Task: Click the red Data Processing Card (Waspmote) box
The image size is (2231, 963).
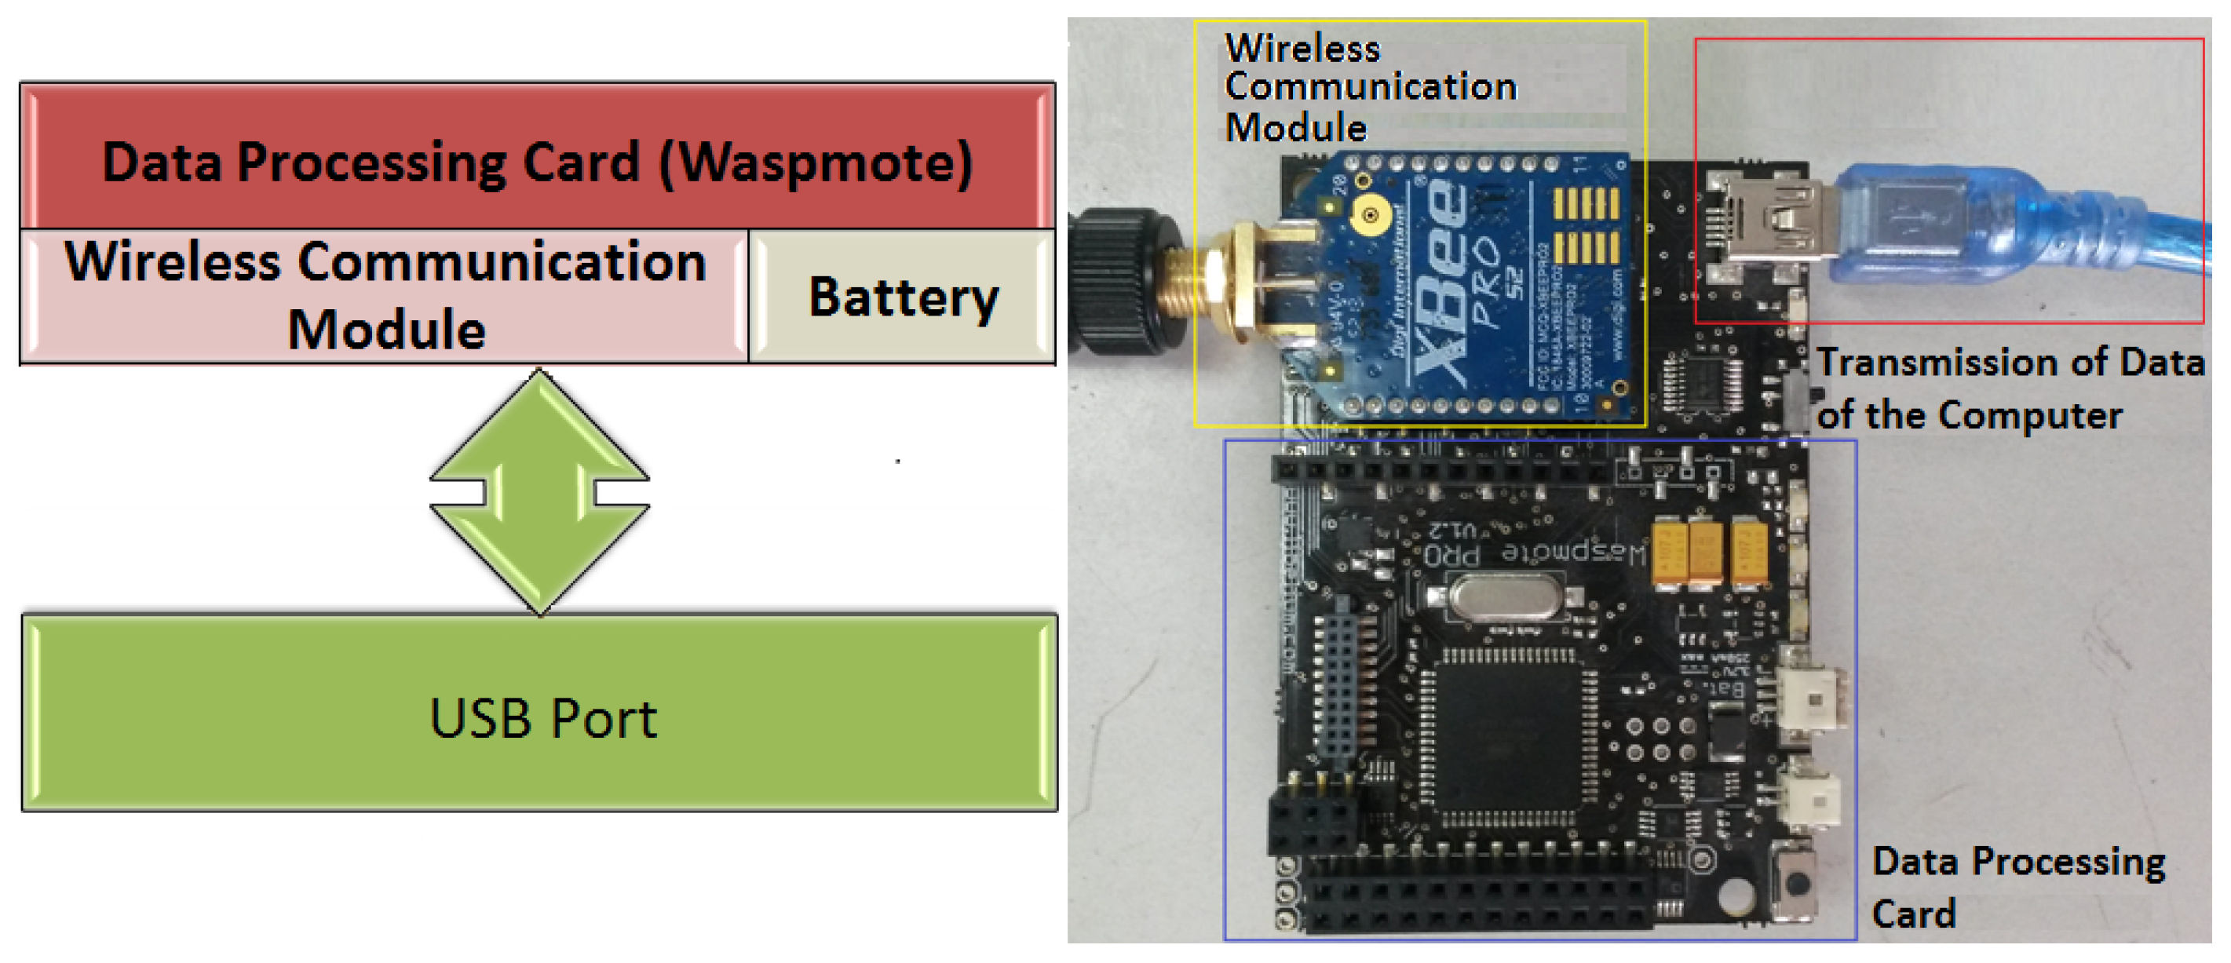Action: (537, 156)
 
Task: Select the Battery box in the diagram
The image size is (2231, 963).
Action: (903, 297)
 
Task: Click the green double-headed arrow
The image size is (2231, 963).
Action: (539, 491)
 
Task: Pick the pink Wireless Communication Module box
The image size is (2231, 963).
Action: (385, 295)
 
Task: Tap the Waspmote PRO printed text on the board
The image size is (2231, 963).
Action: (1533, 552)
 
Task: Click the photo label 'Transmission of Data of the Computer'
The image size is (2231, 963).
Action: (2010, 388)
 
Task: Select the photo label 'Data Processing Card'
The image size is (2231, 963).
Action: (2018, 887)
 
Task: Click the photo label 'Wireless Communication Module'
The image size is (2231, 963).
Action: (1368, 86)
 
